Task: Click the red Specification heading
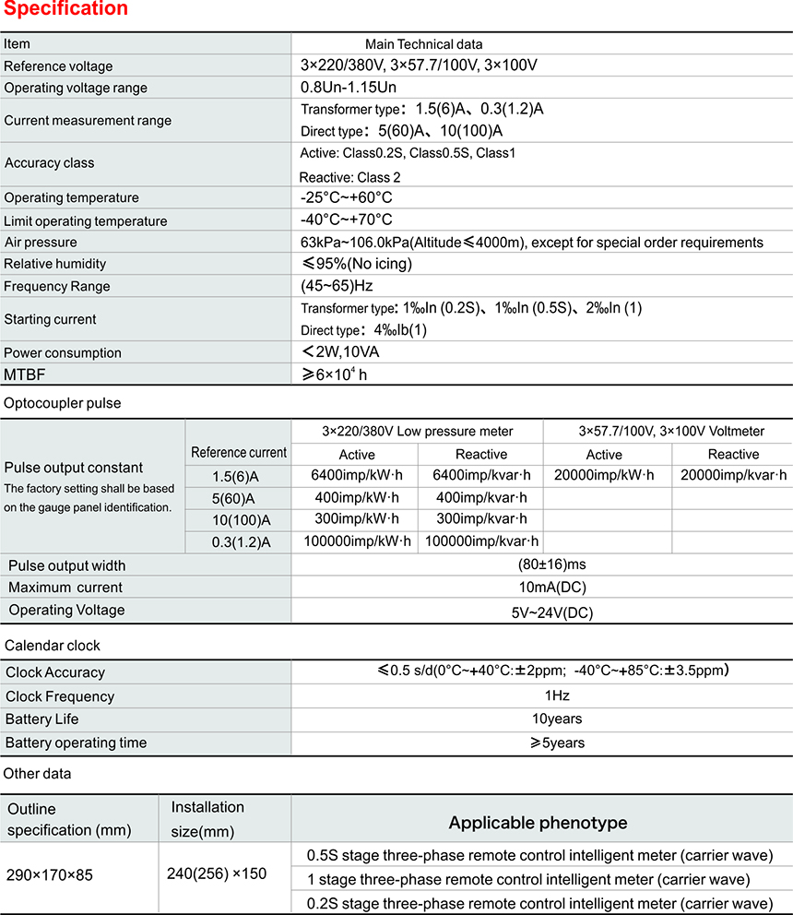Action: [65, 9]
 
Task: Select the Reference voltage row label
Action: [58, 66]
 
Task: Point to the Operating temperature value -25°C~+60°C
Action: [347, 197]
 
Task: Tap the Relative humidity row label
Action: [55, 264]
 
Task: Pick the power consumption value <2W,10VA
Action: [340, 352]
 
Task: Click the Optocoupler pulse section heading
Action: [63, 403]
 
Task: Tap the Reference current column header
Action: [239, 453]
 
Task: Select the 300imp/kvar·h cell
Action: [480, 519]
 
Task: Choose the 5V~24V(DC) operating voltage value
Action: [552, 611]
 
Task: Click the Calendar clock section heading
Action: [53, 645]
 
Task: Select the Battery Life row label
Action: [42, 719]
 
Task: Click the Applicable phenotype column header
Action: [538, 823]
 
